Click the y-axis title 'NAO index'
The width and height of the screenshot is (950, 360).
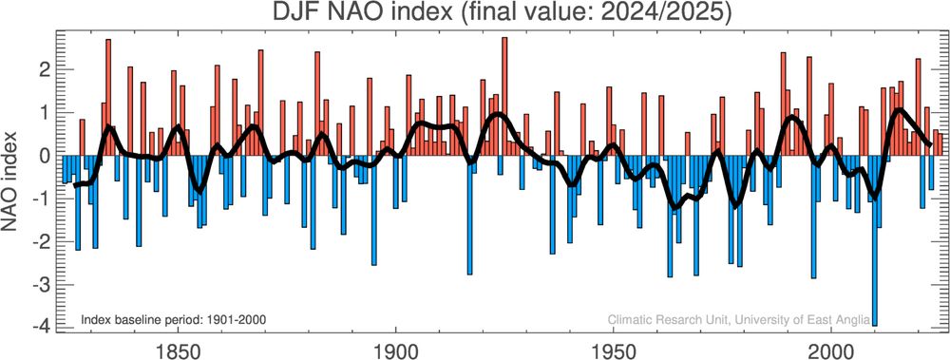point(19,181)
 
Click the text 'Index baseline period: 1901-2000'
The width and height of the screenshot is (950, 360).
point(173,319)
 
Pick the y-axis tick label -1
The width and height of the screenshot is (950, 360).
point(41,199)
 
